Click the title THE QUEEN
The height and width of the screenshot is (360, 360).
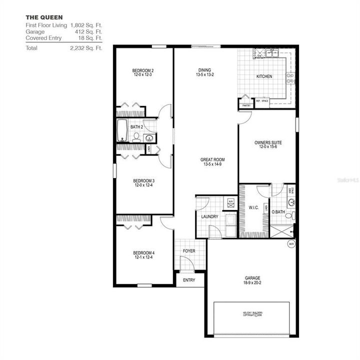click(44, 17)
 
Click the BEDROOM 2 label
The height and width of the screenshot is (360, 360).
click(142, 70)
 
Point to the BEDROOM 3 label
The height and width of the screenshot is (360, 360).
click(143, 180)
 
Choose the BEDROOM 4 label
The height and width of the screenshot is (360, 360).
click(143, 253)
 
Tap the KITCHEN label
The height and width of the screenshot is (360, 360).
click(264, 76)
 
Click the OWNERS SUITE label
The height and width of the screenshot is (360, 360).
click(268, 142)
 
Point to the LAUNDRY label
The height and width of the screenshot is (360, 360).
click(209, 216)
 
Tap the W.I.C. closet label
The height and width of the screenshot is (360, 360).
click(253, 207)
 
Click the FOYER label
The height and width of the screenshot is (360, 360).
click(189, 251)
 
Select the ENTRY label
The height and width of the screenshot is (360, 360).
click(189, 280)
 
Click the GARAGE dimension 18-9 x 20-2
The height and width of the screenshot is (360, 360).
click(252, 282)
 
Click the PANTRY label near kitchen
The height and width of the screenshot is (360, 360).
click(246, 106)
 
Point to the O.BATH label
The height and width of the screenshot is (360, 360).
click(278, 211)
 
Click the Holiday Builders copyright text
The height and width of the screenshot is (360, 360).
click(252, 313)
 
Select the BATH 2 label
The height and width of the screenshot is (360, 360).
click(137, 127)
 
